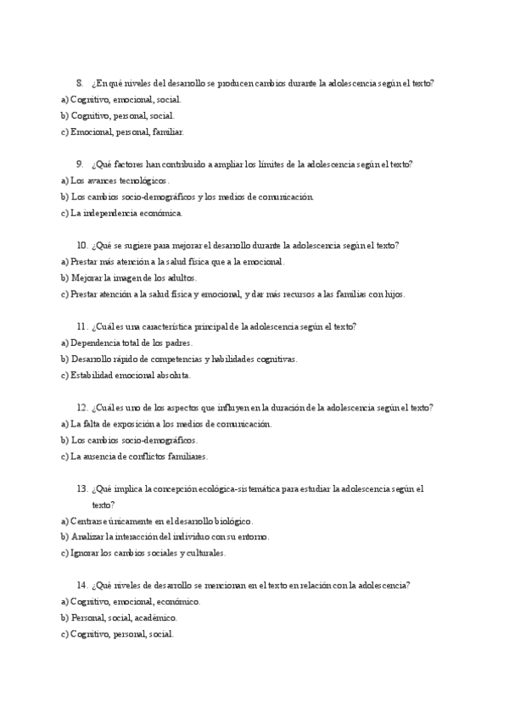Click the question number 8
[x=79, y=83]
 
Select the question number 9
[x=79, y=164]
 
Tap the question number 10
[x=81, y=246]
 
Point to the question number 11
[x=81, y=326]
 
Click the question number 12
[x=81, y=408]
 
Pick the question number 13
[x=81, y=489]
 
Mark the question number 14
[x=81, y=585]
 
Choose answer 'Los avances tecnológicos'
[x=120, y=181]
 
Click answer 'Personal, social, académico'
[x=124, y=618]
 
